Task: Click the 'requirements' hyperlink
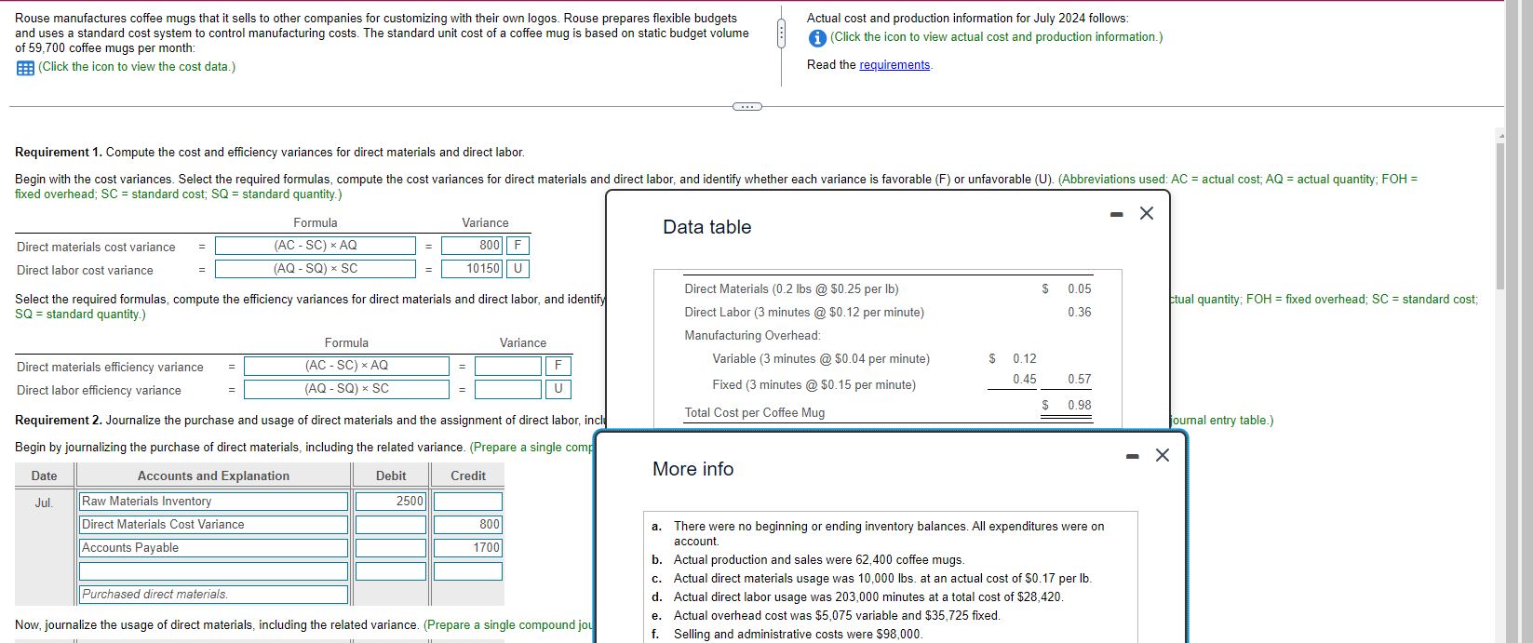pyautogui.click(x=894, y=65)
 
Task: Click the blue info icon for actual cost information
pyautogui.click(x=816, y=38)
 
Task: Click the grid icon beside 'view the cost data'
pyautogui.click(x=25, y=68)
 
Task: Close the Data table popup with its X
pyautogui.click(x=1147, y=213)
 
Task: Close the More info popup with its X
pyautogui.click(x=1162, y=455)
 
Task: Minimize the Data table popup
pyautogui.click(x=1117, y=215)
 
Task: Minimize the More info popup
pyautogui.click(x=1133, y=456)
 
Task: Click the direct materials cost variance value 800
pyautogui.click(x=472, y=246)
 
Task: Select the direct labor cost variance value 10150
pyautogui.click(x=472, y=269)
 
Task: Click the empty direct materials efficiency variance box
pyautogui.click(x=508, y=366)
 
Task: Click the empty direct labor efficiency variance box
pyautogui.click(x=508, y=389)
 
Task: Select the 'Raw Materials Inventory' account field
pyautogui.click(x=213, y=502)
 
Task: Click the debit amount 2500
pyautogui.click(x=391, y=502)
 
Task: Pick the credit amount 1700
pyautogui.click(x=468, y=548)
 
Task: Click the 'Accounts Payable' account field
pyautogui.click(x=213, y=548)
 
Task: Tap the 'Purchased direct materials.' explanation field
pyautogui.click(x=213, y=595)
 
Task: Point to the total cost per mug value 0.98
pyautogui.click(x=1080, y=405)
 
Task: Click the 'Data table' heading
pyautogui.click(x=707, y=227)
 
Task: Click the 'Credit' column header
pyautogui.click(x=468, y=476)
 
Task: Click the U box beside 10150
pyautogui.click(x=518, y=269)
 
